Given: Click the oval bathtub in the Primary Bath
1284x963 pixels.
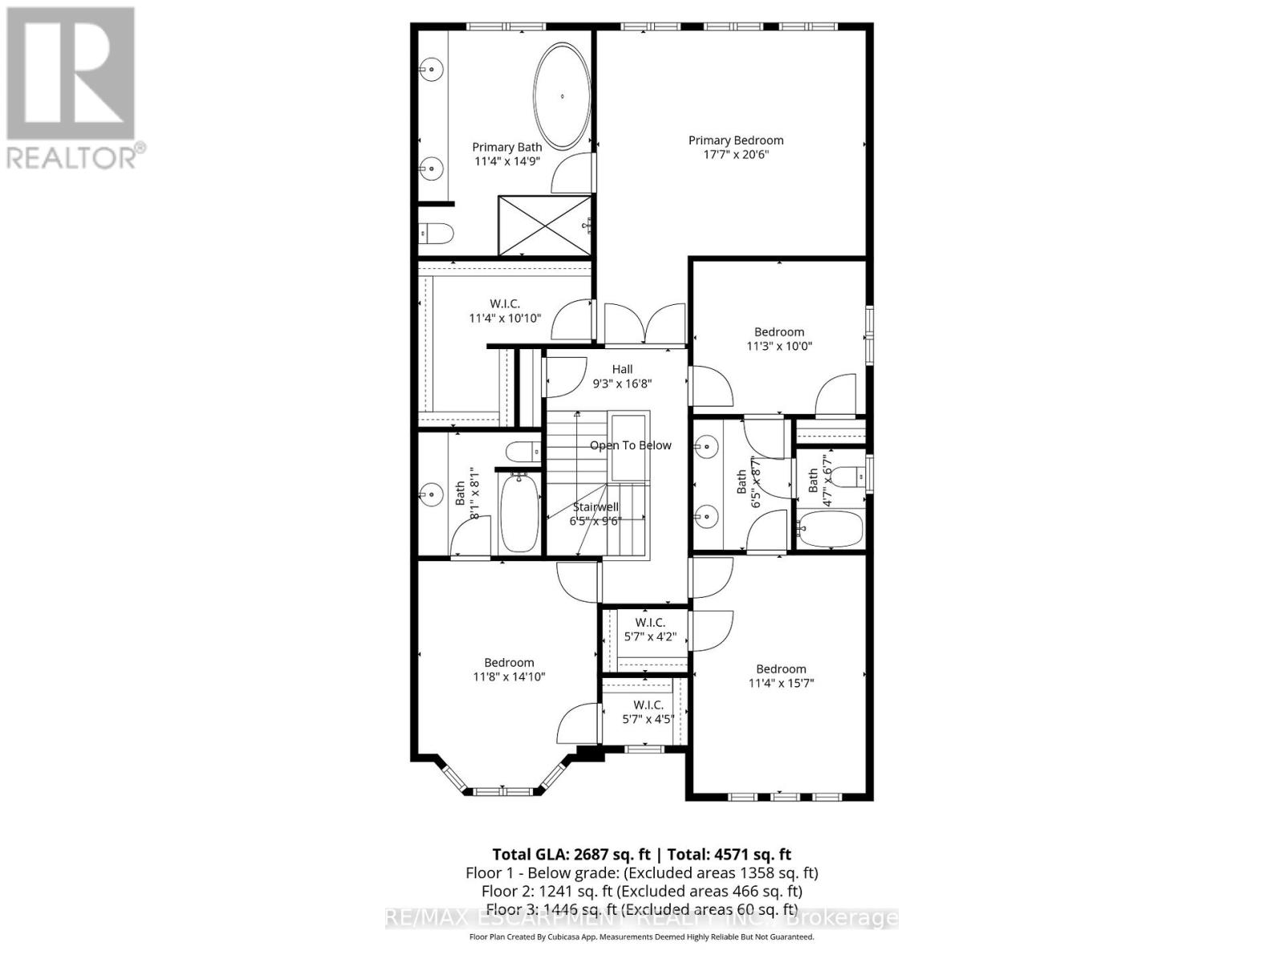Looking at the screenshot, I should (563, 96).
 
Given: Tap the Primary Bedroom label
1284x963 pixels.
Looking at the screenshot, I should (736, 140).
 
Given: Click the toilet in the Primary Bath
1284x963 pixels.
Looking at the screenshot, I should (437, 233).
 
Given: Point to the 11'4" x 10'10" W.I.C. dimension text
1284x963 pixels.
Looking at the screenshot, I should (505, 319).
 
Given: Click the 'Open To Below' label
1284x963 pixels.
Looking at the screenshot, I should (631, 445).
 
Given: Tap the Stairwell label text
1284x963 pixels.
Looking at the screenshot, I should (595, 506).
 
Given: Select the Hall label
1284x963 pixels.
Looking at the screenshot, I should (622, 369).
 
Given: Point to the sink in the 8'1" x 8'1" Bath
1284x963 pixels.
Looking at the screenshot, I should (432, 494).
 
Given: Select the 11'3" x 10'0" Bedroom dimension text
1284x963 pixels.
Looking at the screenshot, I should (779, 347).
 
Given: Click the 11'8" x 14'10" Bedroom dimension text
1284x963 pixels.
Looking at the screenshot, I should (509, 677).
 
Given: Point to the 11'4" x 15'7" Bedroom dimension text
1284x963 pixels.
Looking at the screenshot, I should (781, 683).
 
